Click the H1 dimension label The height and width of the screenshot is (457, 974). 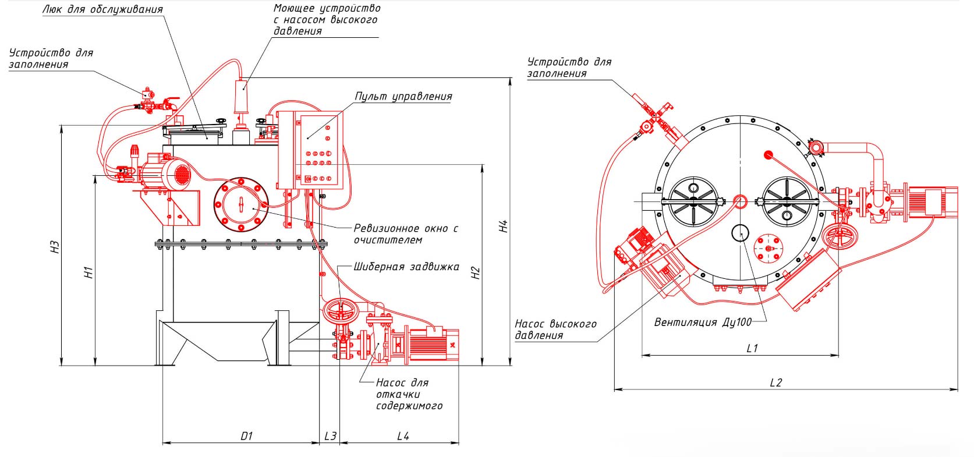(x=89, y=271)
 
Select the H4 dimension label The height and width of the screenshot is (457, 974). (x=504, y=226)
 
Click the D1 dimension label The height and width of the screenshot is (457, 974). (x=246, y=436)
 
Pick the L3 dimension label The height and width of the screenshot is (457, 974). (x=330, y=436)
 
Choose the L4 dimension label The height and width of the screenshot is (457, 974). (x=403, y=436)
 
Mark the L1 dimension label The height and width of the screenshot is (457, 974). (x=752, y=348)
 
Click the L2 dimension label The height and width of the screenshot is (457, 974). (x=775, y=382)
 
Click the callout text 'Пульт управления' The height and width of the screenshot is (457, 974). (x=403, y=97)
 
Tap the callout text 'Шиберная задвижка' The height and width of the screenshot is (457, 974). (x=406, y=267)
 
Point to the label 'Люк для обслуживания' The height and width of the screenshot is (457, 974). (x=102, y=10)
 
